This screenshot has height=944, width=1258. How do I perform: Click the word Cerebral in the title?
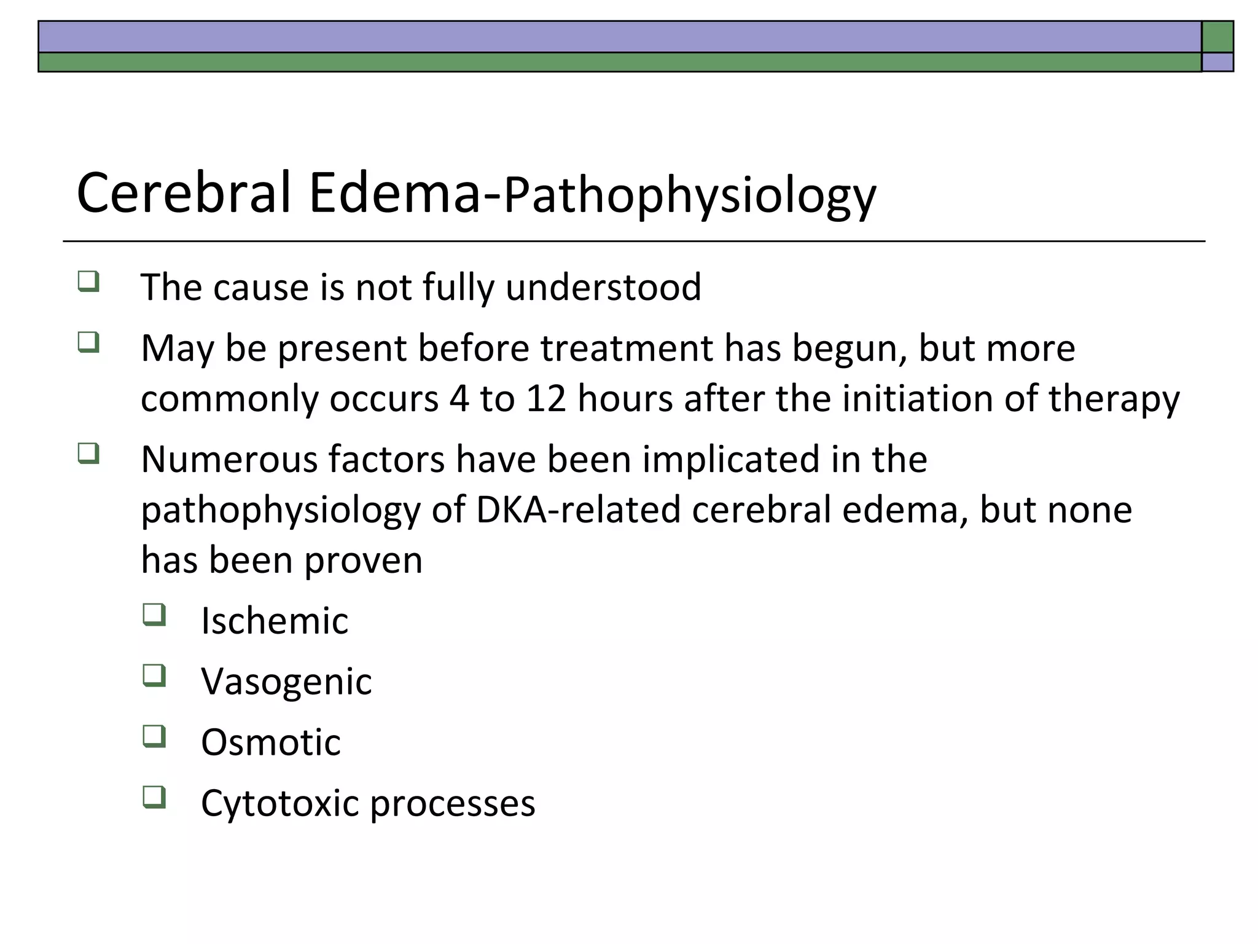coord(183,193)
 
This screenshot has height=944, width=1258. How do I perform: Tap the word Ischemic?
coord(275,621)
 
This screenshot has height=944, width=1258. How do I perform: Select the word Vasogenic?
coord(286,682)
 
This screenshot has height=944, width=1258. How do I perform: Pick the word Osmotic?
coord(270,742)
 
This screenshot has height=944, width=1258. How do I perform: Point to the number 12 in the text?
coord(545,398)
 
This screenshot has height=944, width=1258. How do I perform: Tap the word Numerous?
coord(229,460)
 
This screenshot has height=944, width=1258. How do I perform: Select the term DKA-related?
coord(578,510)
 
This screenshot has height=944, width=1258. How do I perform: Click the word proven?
coord(363,560)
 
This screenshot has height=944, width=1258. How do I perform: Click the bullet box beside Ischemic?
coord(154,614)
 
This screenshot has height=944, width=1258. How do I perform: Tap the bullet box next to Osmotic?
coord(154,736)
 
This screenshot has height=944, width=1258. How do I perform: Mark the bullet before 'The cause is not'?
coord(88,281)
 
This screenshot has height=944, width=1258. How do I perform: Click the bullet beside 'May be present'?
coord(88,342)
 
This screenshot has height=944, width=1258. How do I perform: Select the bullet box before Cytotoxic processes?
coord(154,796)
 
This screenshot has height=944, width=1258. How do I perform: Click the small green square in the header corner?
coord(1217,37)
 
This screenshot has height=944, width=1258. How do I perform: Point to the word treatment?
coord(627,348)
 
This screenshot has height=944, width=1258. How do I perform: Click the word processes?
coord(453,804)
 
